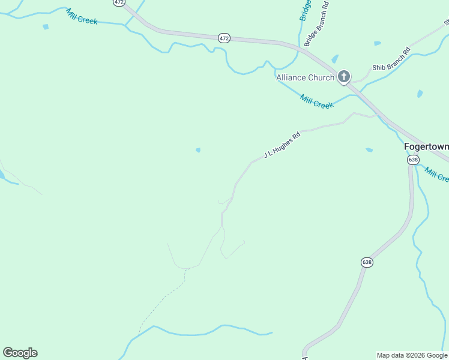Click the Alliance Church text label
point(305,77)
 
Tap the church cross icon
point(344,76)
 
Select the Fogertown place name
point(426,146)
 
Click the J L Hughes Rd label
point(282,145)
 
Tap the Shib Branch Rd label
point(391,58)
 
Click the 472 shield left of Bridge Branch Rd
point(224,38)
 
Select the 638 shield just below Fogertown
point(413,160)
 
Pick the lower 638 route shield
point(367,262)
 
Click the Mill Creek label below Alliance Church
point(316,101)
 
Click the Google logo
point(20,353)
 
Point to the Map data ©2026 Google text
point(412,355)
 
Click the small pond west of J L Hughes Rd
point(198,150)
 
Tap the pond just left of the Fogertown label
point(369,149)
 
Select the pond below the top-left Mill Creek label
point(46,27)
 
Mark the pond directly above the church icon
point(335,59)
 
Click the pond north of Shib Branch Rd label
point(377,43)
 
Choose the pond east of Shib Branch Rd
point(420,94)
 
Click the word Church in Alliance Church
point(321,77)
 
